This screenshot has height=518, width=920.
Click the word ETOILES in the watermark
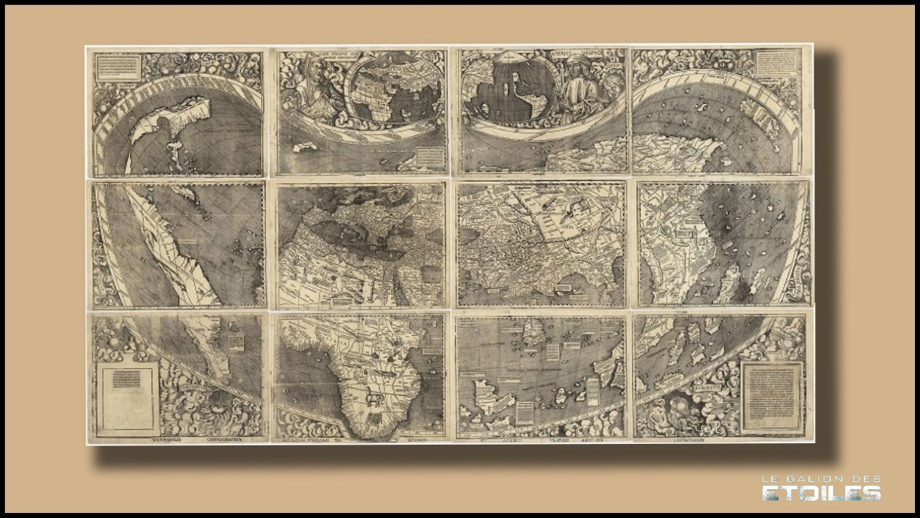coord(822,493)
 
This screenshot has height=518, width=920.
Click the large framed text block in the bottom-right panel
coord(771,391)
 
